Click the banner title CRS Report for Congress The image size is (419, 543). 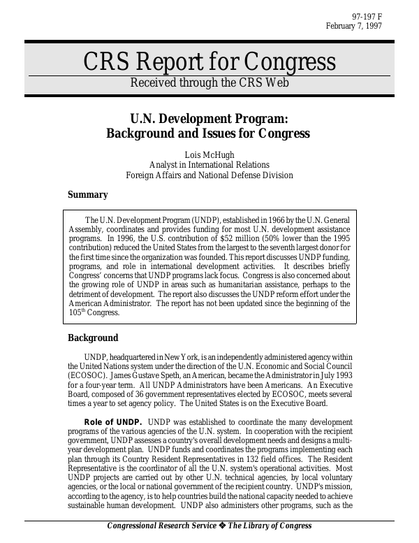tap(209, 62)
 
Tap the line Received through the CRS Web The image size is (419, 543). tap(209, 82)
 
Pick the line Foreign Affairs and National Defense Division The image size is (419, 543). tap(209, 175)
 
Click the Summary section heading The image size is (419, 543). tap(87, 195)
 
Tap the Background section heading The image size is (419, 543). tap(93, 338)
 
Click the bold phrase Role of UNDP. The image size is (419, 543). tap(113, 422)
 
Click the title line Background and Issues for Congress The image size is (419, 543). tap(207, 133)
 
